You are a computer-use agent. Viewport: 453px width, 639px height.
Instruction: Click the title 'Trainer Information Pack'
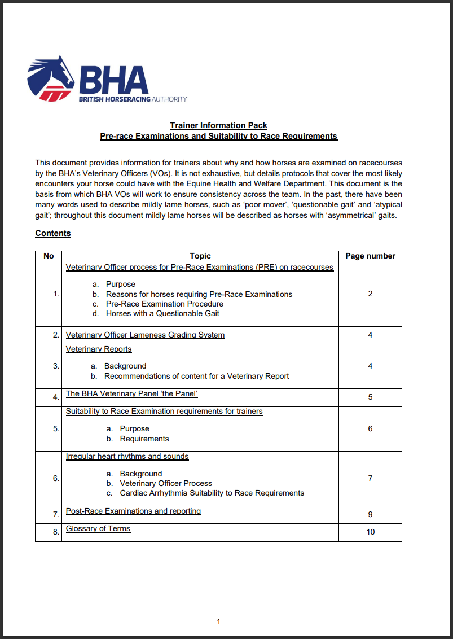coord(218,125)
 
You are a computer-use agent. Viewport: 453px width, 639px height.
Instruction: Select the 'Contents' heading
coord(53,233)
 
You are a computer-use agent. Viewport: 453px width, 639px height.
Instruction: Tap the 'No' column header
coord(49,256)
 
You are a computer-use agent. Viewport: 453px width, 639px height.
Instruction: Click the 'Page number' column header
coord(370,256)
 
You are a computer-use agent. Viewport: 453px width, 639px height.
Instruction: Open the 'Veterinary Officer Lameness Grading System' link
coord(145,335)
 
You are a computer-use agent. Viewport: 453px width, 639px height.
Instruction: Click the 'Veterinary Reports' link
coord(99,349)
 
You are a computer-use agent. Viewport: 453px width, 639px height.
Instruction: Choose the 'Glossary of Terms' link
coord(98,528)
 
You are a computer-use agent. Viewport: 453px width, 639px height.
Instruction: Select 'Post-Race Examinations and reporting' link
coord(133,511)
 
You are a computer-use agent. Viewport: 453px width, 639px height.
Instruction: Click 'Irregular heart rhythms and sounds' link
coord(127,456)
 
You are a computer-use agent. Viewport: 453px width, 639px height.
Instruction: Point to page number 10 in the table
coord(370,532)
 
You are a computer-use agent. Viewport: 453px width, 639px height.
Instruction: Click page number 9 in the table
coord(370,514)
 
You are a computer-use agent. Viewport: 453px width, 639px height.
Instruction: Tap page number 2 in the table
coord(370,294)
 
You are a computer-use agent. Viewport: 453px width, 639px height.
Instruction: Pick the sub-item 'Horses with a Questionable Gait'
coord(162,313)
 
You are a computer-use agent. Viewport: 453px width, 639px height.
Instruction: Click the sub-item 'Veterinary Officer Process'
coord(166,483)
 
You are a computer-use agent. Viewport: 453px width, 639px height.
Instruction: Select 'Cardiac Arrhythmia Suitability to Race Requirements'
coord(212,493)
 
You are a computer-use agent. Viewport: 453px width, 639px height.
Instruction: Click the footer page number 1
coord(218,622)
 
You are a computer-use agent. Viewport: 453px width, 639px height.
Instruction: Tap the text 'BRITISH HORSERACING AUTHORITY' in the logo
coord(133,99)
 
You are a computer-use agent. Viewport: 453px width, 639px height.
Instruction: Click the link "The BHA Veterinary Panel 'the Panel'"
coord(131,393)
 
